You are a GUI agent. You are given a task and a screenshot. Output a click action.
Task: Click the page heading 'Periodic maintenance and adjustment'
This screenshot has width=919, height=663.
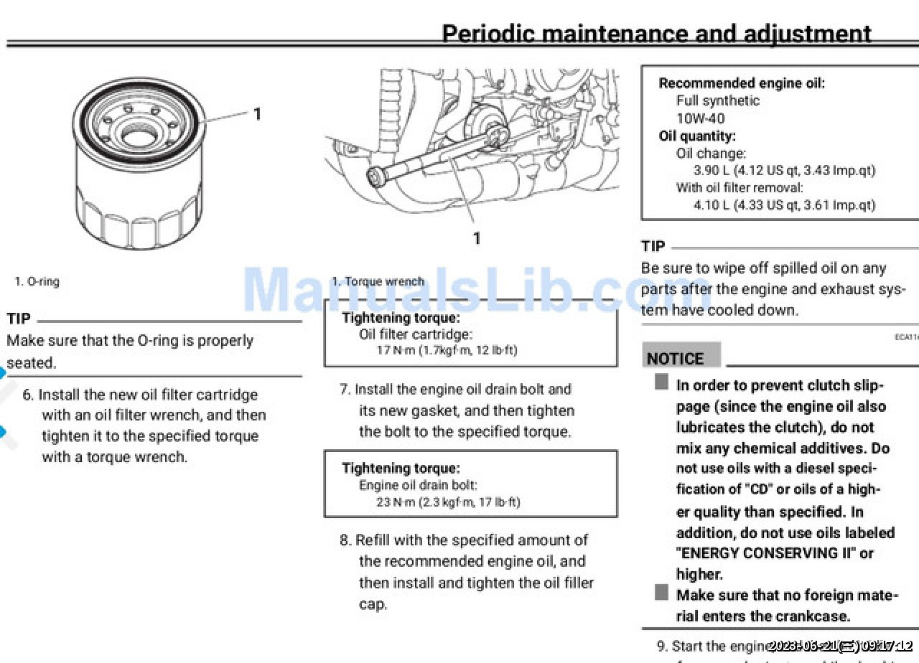tap(656, 33)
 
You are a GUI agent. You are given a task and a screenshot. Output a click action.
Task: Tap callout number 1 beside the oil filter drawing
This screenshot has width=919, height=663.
tap(257, 113)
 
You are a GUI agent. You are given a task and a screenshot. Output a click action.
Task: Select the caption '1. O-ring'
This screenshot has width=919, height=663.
tap(37, 281)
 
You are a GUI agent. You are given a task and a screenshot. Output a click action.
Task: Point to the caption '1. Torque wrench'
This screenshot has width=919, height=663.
tap(378, 281)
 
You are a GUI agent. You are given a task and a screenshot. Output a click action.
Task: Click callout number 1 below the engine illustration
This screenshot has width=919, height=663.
tap(477, 238)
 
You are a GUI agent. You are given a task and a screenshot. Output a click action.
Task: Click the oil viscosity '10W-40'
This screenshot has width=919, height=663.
tap(700, 118)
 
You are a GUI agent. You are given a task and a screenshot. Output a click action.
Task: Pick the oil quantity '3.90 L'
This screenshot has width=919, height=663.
tap(711, 171)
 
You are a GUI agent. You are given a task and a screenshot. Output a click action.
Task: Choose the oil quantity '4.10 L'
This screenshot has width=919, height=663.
tap(711, 205)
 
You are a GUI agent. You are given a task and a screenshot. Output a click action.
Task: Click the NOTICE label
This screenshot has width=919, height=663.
tap(675, 359)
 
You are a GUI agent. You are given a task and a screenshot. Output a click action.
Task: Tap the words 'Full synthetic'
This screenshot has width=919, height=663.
tap(717, 100)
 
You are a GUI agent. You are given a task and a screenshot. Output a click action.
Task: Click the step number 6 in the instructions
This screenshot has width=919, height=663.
tap(28, 395)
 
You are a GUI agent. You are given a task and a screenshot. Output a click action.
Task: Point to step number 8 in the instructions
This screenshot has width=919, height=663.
tap(345, 540)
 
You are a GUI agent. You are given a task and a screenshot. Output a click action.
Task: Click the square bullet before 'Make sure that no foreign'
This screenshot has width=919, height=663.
tap(661, 593)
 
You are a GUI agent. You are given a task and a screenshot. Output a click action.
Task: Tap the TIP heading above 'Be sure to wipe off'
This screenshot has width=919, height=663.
tap(653, 247)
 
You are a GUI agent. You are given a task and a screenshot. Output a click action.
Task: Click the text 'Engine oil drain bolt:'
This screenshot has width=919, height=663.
tap(418, 485)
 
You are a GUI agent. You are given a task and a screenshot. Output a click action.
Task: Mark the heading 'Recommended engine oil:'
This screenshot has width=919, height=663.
tap(742, 83)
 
